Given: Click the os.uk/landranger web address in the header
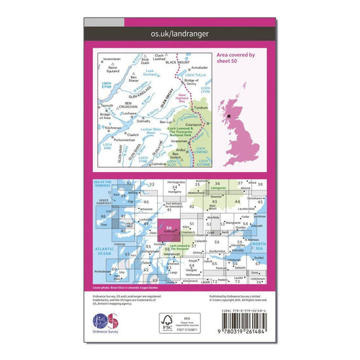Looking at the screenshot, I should tap(179, 33).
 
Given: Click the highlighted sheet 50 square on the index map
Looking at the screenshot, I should tap(170, 229).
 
